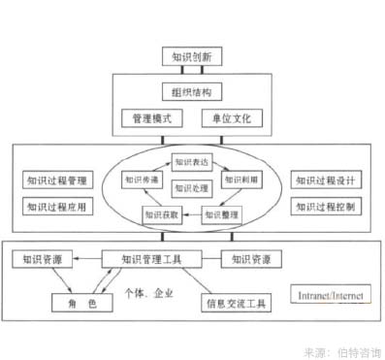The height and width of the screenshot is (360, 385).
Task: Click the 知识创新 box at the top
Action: click(192, 57)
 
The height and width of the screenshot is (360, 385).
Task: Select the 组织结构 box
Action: click(192, 93)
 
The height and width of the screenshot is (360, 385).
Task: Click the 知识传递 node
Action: click(141, 180)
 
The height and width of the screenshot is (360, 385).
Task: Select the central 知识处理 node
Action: click(192, 187)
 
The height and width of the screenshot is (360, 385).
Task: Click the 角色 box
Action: click(81, 303)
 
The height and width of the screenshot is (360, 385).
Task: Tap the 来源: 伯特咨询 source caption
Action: click(342, 350)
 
